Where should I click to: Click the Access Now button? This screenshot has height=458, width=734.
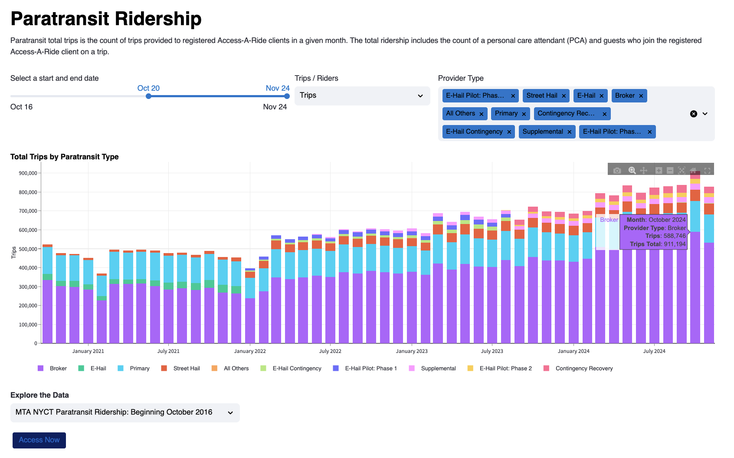point(39,440)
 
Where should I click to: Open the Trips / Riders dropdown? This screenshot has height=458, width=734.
point(362,96)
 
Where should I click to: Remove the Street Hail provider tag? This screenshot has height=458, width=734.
point(564,96)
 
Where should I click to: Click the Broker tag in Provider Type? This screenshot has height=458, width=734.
point(624,96)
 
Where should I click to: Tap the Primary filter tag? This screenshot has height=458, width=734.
point(506,113)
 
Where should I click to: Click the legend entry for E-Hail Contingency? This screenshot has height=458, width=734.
point(297,369)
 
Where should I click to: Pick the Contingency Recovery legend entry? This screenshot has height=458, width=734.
point(584,369)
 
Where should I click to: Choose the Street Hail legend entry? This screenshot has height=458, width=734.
point(187,369)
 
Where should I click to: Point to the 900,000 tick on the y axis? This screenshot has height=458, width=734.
point(28,173)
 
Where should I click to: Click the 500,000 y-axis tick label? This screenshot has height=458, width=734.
point(28,249)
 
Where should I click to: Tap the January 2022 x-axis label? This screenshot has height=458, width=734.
point(250,351)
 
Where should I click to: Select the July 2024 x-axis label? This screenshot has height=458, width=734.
point(654,351)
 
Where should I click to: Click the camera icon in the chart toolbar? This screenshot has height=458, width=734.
point(617,171)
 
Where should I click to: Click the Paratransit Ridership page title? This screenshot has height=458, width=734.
point(106,19)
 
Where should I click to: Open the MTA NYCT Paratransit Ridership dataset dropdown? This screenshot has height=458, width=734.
point(125,412)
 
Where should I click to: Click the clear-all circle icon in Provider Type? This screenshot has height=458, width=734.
point(693,114)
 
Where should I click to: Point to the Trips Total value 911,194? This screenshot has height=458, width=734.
point(674,244)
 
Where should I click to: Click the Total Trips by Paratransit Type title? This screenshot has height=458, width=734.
point(65,157)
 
